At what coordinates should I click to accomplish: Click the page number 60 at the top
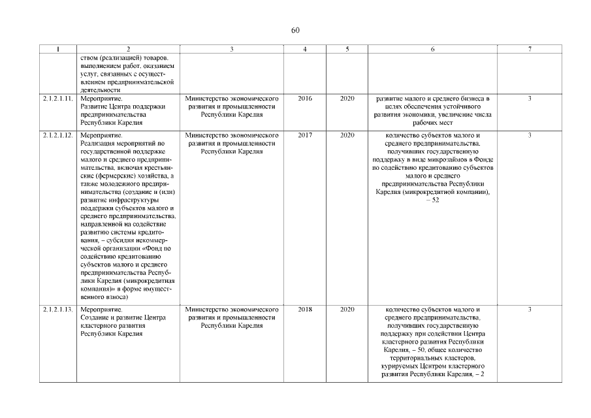(x=295, y=31)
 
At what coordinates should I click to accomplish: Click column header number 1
(x=58, y=50)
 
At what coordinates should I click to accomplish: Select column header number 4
(x=305, y=50)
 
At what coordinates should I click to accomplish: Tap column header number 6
(x=433, y=50)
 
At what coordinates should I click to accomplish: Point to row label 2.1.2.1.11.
(x=58, y=99)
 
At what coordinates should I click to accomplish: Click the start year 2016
(x=305, y=99)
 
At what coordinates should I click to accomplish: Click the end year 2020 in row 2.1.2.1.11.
(x=347, y=99)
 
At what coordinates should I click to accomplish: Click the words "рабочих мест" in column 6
(x=433, y=122)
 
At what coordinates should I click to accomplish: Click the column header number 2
(x=128, y=50)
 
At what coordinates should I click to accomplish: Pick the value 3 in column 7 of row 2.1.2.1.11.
(x=530, y=99)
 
